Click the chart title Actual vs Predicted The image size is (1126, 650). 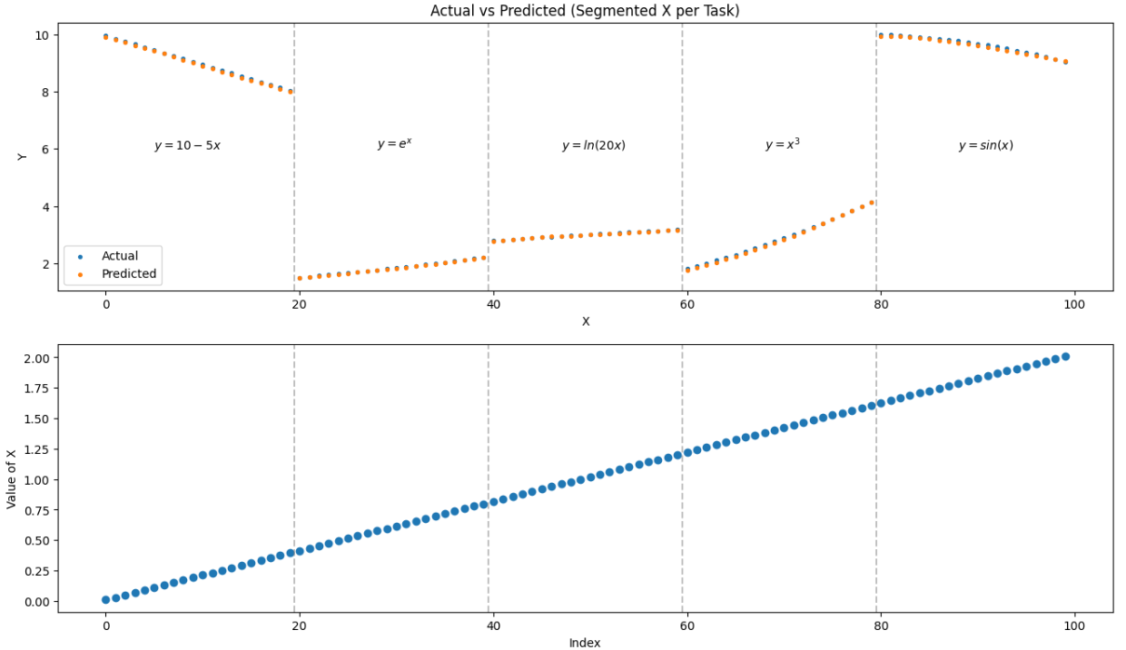point(586,11)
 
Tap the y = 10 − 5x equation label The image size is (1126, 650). point(187,145)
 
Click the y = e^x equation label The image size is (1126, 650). point(394,144)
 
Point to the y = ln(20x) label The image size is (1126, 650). point(593,145)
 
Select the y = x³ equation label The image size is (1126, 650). point(782,144)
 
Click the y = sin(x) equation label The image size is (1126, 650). point(985,145)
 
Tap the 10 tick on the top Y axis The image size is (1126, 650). point(41,34)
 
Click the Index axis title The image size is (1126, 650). point(585,643)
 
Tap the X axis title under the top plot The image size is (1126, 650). point(586,321)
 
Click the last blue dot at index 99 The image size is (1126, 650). point(1065,357)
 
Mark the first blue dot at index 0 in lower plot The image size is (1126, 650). point(105,599)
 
